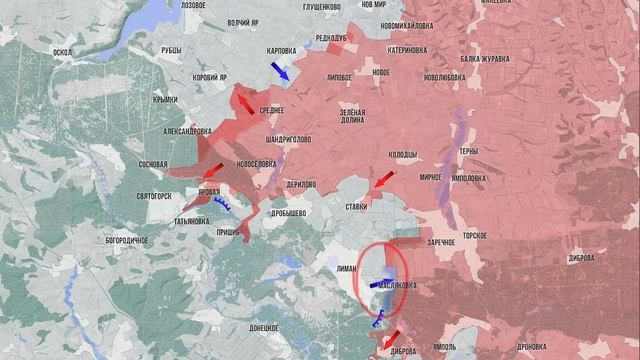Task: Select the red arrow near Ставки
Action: click(381, 181)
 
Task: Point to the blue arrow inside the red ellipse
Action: click(381, 284)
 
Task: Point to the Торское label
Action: click(474, 234)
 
